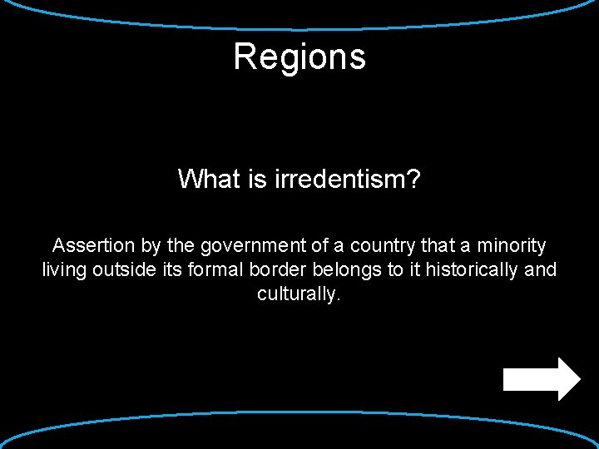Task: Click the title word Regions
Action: (x=299, y=57)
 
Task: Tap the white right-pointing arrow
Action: (x=542, y=379)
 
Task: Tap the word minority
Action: (x=511, y=247)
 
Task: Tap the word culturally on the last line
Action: (x=298, y=294)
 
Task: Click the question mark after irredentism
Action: (x=413, y=179)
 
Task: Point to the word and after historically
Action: (x=541, y=270)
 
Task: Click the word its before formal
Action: (x=166, y=270)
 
